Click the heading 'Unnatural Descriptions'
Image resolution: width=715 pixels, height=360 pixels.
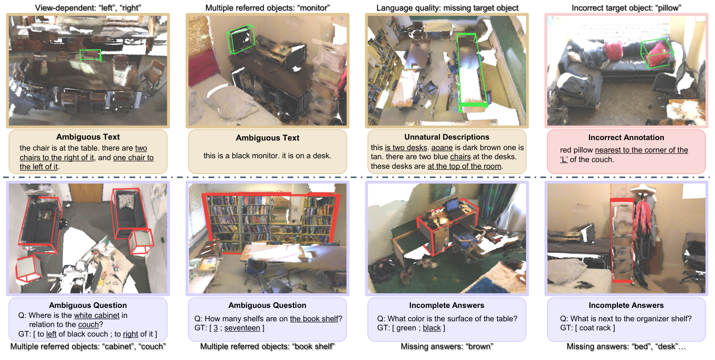(x=446, y=137)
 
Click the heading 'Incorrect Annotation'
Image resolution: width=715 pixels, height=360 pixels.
(x=626, y=138)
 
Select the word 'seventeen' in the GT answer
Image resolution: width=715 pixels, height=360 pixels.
(x=242, y=328)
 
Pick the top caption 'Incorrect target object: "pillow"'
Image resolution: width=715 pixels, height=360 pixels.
(x=626, y=8)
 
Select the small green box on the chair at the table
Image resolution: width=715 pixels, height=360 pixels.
(x=90, y=55)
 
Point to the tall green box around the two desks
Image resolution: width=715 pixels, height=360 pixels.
(x=472, y=72)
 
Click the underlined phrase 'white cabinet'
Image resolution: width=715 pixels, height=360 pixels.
(x=96, y=316)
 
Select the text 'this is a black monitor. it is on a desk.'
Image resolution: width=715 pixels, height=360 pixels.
(x=268, y=155)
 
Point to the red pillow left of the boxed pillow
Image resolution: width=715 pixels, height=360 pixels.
(x=613, y=49)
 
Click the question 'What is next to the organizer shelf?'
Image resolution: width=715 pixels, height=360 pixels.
(x=626, y=319)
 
